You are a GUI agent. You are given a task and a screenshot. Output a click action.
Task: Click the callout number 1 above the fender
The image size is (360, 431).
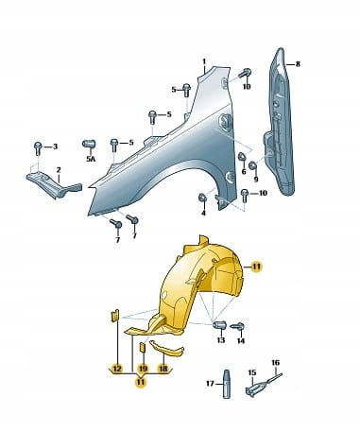coord(204,61)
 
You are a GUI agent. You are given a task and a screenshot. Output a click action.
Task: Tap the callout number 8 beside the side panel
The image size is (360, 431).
coord(298,64)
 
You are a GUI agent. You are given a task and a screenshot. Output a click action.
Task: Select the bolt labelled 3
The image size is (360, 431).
coord(38,148)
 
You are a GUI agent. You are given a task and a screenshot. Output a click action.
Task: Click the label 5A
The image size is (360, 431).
coord(91,159)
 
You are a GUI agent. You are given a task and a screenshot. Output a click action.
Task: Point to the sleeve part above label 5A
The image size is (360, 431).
coord(89,144)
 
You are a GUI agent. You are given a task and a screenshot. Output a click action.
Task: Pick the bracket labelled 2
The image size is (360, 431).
coord(54,183)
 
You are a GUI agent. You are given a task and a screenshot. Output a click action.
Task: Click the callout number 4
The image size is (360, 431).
coord(203,213)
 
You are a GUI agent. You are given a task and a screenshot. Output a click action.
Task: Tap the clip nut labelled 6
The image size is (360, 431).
coord(242,157)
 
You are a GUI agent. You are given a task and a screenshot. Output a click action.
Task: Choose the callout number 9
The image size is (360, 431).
coord(256,180)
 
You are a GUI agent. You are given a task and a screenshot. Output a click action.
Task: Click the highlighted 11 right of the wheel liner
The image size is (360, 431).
coord(257,267)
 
